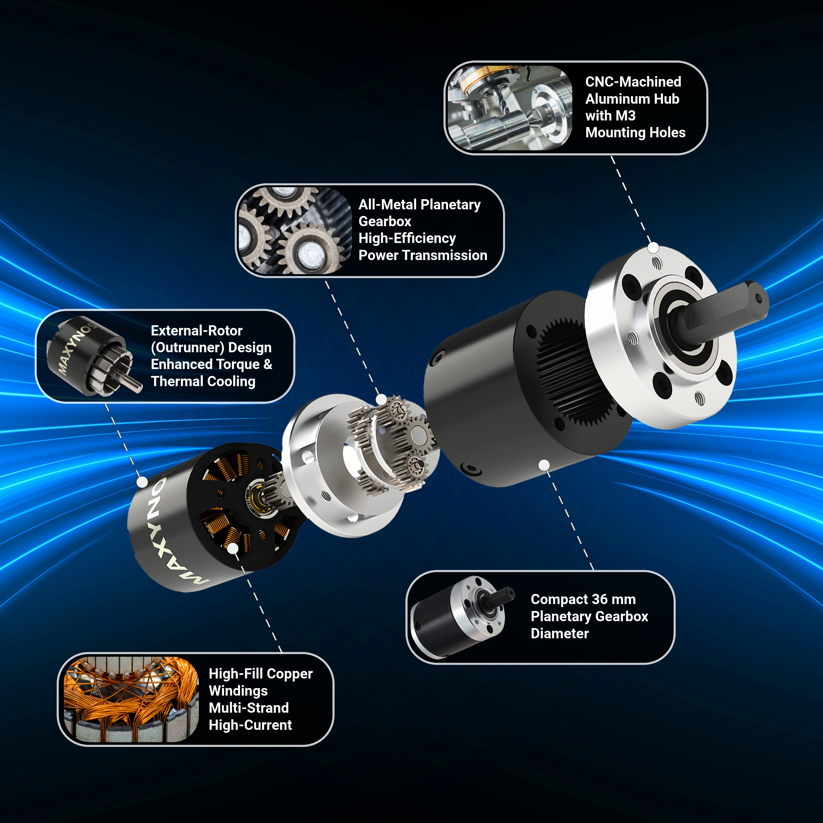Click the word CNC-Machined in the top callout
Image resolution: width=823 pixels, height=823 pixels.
click(633, 82)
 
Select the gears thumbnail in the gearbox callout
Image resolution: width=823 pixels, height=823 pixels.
click(294, 230)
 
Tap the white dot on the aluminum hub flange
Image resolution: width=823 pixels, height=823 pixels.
click(653, 248)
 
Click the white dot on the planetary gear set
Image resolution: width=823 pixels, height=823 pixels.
click(381, 399)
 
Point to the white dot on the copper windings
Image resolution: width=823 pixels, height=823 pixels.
click(233, 548)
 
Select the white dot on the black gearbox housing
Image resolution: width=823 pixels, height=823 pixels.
click(544, 465)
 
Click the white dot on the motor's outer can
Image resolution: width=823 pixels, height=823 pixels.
click(142, 482)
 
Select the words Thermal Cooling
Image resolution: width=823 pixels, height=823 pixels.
click(203, 381)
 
